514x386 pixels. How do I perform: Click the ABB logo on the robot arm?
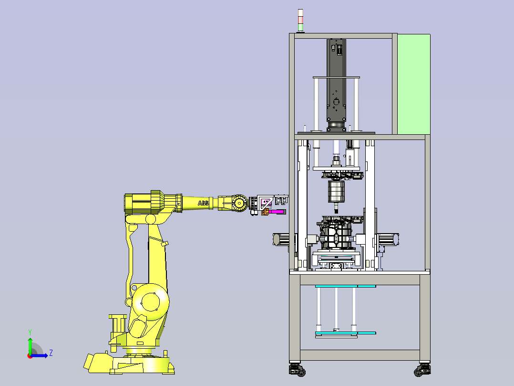point(203,203)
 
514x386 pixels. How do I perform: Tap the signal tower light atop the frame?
point(300,21)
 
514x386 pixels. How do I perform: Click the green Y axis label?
point(30,332)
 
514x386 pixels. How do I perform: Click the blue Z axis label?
point(51,353)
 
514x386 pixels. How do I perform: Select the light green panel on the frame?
point(414,84)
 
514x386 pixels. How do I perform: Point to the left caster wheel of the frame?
point(298,370)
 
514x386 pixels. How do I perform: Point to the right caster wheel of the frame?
point(422,370)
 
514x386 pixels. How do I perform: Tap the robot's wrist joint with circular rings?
point(240,204)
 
